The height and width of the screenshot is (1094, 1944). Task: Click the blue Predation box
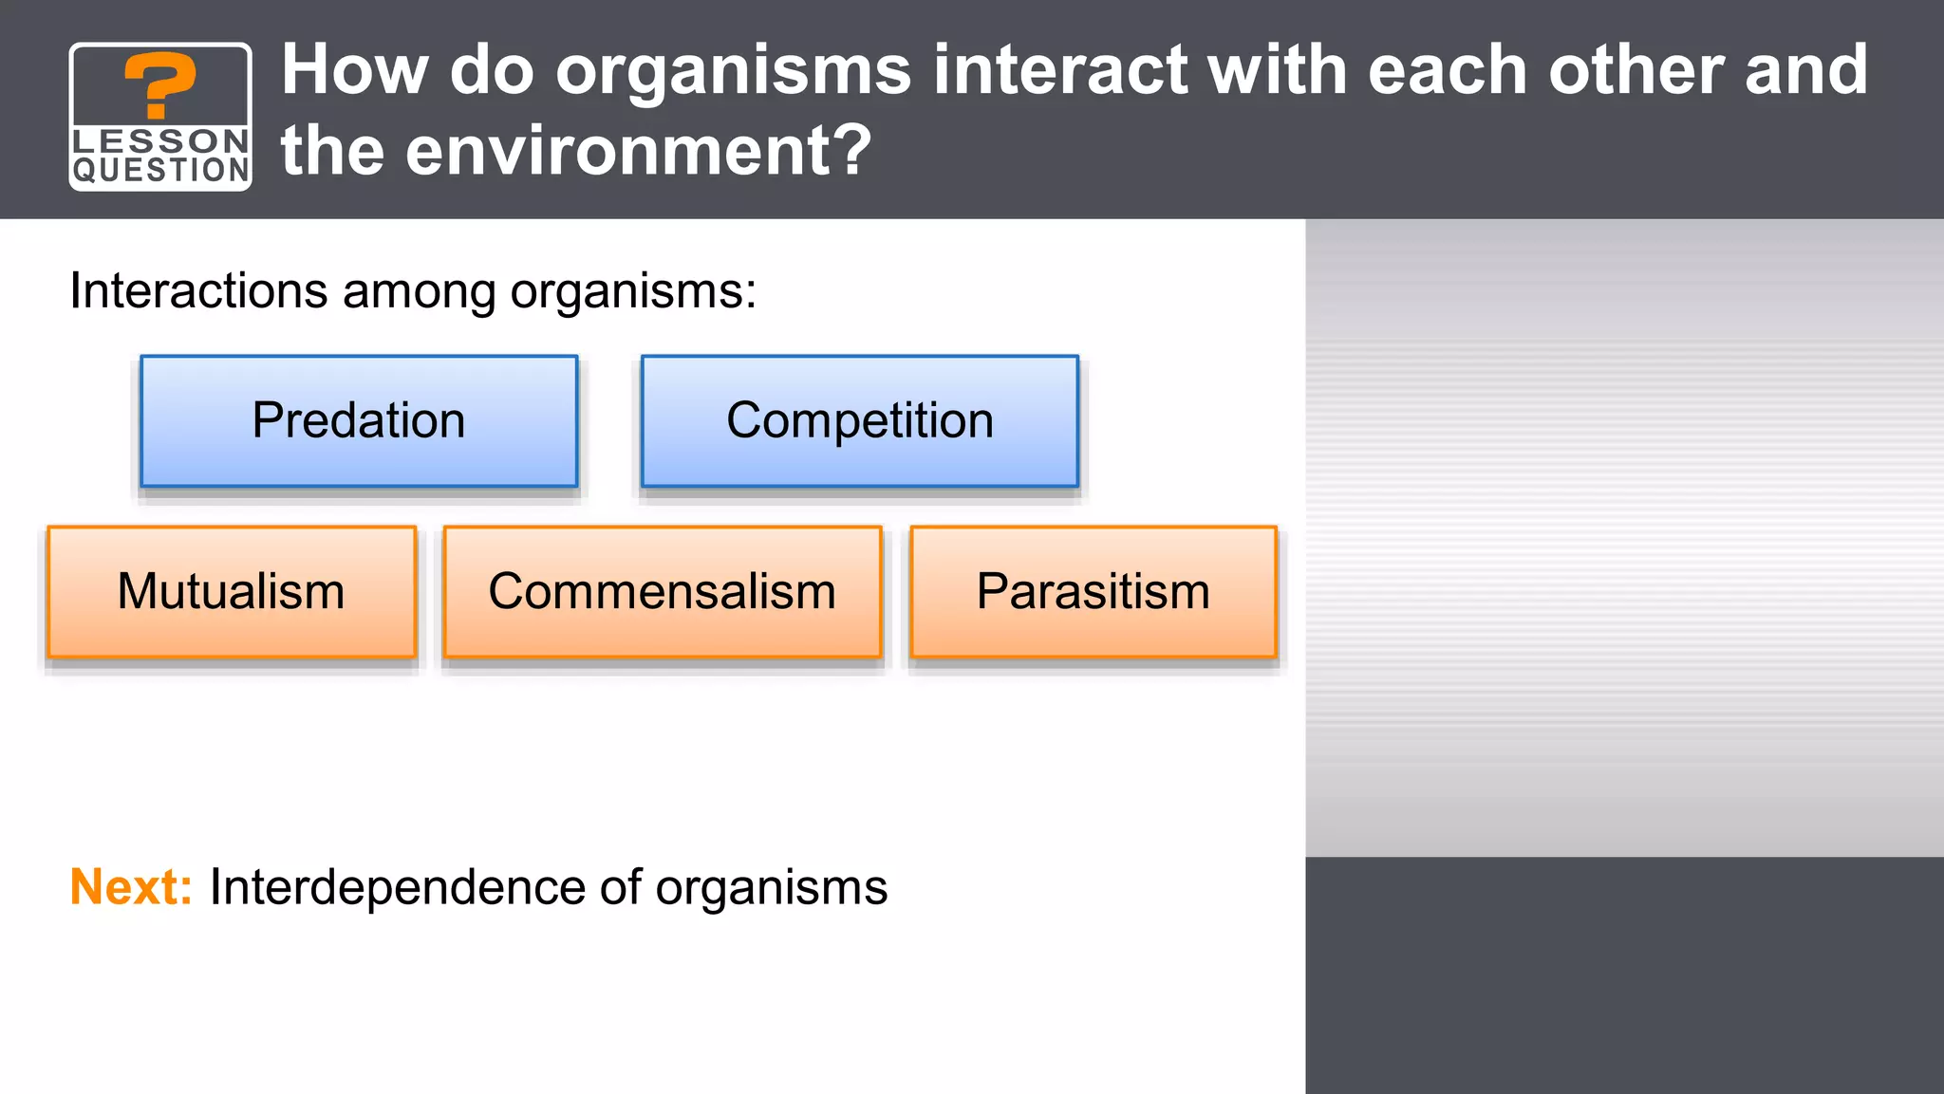(x=359, y=421)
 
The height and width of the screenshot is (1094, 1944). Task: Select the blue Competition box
(x=860, y=421)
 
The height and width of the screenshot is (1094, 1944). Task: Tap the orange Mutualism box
(x=232, y=592)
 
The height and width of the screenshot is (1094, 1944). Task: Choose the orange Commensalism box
(x=663, y=592)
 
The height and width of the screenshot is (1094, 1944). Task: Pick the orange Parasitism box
(x=1093, y=592)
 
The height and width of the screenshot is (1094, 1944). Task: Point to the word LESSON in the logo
(x=160, y=140)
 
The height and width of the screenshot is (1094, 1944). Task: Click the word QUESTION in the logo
(x=160, y=171)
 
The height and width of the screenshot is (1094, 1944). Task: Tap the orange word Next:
(x=131, y=888)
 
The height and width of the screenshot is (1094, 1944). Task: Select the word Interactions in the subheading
(x=198, y=291)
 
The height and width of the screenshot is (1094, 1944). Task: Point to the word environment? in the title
(x=638, y=151)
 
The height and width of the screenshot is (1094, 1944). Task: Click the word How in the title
(x=354, y=70)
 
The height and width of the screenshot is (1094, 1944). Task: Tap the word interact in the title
(x=1059, y=70)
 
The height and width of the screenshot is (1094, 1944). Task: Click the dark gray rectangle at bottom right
(x=1624, y=975)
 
